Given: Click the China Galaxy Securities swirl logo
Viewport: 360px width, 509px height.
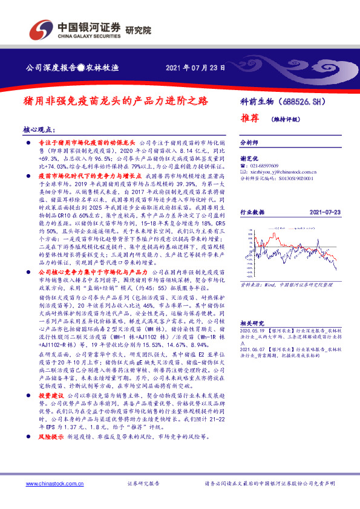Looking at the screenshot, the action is (x=41, y=28).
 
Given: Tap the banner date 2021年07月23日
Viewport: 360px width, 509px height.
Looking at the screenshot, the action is (x=195, y=68).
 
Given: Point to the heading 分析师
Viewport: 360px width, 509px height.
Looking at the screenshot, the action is (x=249, y=143).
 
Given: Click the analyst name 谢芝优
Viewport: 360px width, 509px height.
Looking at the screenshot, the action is (x=249, y=157).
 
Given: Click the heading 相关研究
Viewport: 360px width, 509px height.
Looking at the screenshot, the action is (x=252, y=324).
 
